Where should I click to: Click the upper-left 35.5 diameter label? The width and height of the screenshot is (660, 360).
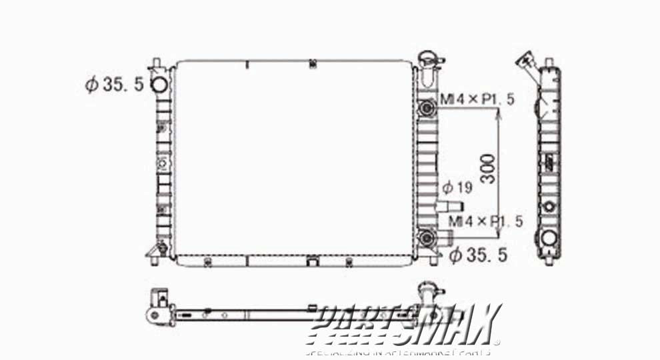[114, 85]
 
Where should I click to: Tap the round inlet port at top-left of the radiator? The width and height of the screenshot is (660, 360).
[159, 85]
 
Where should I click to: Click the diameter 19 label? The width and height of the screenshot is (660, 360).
[457, 188]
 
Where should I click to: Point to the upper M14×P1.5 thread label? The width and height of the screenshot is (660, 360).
[477, 100]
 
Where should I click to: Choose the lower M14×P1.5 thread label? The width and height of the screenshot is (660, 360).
[485, 221]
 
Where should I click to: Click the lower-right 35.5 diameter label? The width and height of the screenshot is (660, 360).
[479, 255]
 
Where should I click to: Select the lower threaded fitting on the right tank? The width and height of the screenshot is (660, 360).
[425, 237]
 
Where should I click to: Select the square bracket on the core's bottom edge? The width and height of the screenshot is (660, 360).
[313, 261]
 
